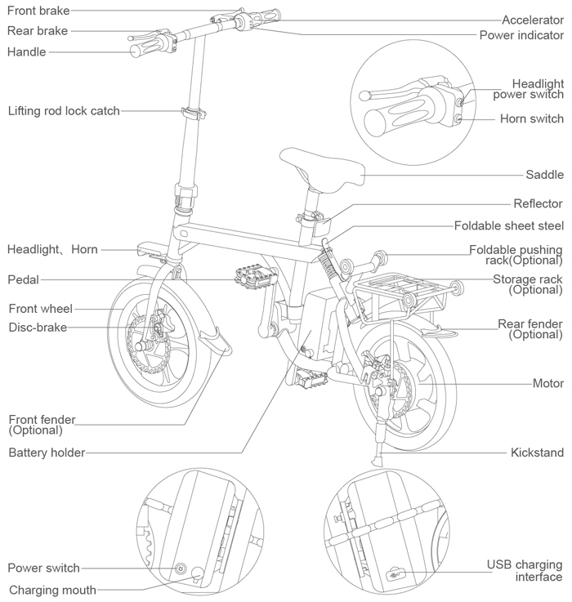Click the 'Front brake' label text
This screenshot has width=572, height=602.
point(38,11)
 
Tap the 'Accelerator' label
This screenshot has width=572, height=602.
point(532,20)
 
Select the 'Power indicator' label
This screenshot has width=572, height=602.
point(521,35)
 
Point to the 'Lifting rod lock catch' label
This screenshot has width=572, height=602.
point(64,111)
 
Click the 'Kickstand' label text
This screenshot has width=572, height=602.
point(537,452)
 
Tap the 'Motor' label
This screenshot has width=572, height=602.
point(547,383)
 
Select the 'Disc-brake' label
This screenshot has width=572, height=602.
point(38,328)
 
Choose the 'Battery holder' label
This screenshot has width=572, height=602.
point(47,452)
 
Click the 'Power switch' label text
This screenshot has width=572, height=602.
point(43,568)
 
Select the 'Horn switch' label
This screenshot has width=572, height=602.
point(531,119)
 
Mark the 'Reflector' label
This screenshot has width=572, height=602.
point(538,203)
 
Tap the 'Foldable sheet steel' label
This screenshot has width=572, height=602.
point(508,225)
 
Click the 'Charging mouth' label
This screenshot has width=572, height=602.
point(52,590)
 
